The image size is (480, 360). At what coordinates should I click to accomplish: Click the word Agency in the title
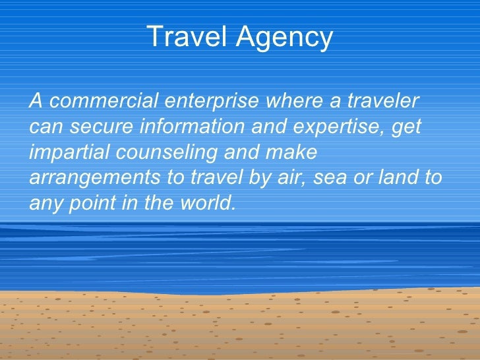(x=291, y=38)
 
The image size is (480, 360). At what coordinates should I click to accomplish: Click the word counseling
(x=170, y=152)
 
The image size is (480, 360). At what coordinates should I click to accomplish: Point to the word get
(x=405, y=128)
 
